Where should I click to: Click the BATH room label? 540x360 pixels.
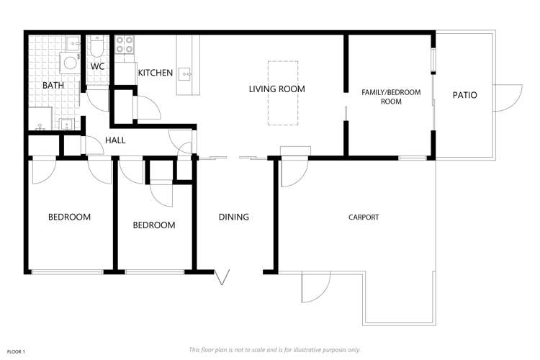coord(53,86)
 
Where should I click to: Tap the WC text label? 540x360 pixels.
coord(97,67)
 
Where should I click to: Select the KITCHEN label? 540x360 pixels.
coord(156,73)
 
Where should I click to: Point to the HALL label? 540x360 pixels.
coord(115,140)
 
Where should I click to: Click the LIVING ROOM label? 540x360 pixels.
coord(277,89)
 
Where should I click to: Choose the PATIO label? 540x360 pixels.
coord(464,95)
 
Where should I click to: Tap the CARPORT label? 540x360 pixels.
coord(364,217)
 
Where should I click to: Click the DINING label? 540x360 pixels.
coord(234,217)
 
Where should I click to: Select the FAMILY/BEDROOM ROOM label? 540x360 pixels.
coord(391,97)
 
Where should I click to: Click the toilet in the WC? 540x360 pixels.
coord(98,48)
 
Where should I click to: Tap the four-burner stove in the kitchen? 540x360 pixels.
coord(125,45)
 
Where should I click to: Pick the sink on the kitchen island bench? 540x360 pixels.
coord(186,72)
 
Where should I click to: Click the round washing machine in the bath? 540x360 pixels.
coord(70,63)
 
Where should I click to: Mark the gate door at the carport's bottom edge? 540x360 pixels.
coord(315,287)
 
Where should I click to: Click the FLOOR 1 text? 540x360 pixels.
coord(16,351)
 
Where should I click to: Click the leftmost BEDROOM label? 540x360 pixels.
coord(69,217)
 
